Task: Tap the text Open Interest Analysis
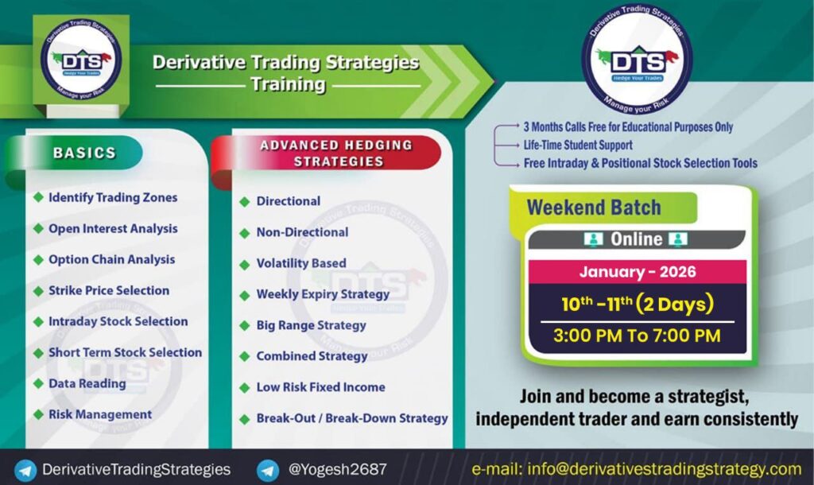(x=113, y=228)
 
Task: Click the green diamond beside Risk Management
(x=38, y=414)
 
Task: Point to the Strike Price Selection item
(x=109, y=290)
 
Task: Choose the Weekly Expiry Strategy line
(x=323, y=294)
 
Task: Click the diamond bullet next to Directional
(x=245, y=201)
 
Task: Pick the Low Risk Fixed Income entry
(x=321, y=387)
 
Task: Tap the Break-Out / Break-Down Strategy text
(x=352, y=418)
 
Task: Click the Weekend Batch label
(x=594, y=208)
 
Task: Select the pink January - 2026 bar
(x=638, y=272)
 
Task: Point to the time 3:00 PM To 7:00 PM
(x=637, y=336)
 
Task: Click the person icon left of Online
(x=593, y=239)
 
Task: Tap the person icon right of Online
(x=678, y=239)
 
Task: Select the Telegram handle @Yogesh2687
(x=337, y=469)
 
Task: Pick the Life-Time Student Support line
(x=578, y=145)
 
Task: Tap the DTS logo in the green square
(x=81, y=59)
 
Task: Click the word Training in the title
(x=288, y=84)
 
